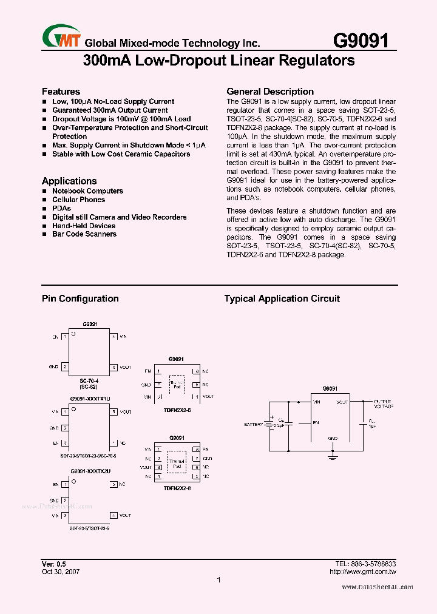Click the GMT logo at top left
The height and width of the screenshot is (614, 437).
pos(61,38)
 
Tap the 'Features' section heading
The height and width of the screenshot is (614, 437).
pos(61,92)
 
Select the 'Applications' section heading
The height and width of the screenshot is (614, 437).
pos(69,181)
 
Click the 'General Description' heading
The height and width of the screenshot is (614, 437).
pos(270,92)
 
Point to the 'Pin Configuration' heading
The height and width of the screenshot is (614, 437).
pos(80,299)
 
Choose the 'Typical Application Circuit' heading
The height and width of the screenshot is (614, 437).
pos(282,299)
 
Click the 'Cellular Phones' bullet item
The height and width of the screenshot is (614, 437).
pos(78,200)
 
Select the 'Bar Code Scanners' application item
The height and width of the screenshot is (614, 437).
pos(84,234)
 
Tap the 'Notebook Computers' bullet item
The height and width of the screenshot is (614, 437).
pos(87,191)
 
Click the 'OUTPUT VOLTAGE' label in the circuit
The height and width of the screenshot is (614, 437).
pos(383,403)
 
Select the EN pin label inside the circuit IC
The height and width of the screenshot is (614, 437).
pos(316,422)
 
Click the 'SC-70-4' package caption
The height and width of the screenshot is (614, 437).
pos(89,380)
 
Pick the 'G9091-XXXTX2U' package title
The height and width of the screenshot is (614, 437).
pos(90,471)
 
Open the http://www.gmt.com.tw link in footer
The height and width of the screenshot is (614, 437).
pos(362,572)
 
